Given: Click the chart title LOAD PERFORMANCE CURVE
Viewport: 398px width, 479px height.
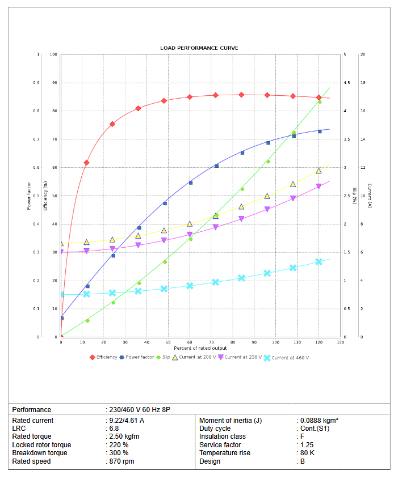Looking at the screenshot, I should click(199, 48).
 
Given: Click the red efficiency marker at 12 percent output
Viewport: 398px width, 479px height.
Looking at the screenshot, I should click(86, 163).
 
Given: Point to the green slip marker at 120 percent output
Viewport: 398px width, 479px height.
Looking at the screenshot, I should click(320, 101).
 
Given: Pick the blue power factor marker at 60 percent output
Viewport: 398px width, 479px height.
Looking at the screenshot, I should click(190, 183).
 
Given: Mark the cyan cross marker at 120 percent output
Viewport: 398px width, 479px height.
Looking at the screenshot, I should click(319, 262).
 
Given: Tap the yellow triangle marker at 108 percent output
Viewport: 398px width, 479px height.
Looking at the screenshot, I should click(293, 184).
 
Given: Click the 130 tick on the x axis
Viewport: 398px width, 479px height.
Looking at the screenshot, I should click(340, 342).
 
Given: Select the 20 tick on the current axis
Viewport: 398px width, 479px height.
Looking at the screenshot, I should click(363, 54).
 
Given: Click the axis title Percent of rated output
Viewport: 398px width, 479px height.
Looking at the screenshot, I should click(200, 348).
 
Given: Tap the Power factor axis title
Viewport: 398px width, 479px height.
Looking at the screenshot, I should click(29, 196).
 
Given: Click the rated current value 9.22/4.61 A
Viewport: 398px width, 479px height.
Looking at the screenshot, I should click(127, 421).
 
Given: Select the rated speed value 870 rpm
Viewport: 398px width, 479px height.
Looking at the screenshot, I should click(122, 461).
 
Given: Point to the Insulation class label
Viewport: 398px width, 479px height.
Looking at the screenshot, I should click(223, 436).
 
